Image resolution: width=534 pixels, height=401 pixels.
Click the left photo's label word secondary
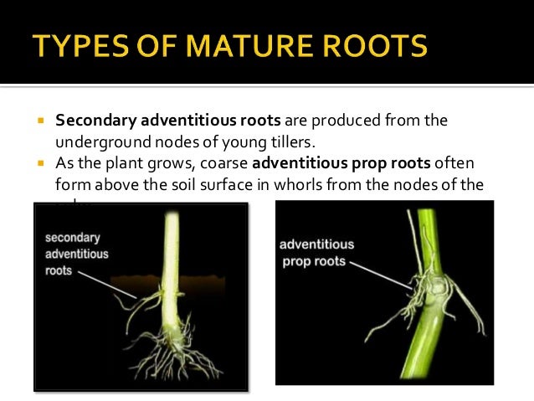coord(74,238)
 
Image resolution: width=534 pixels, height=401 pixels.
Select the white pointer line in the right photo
coord(381,274)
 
